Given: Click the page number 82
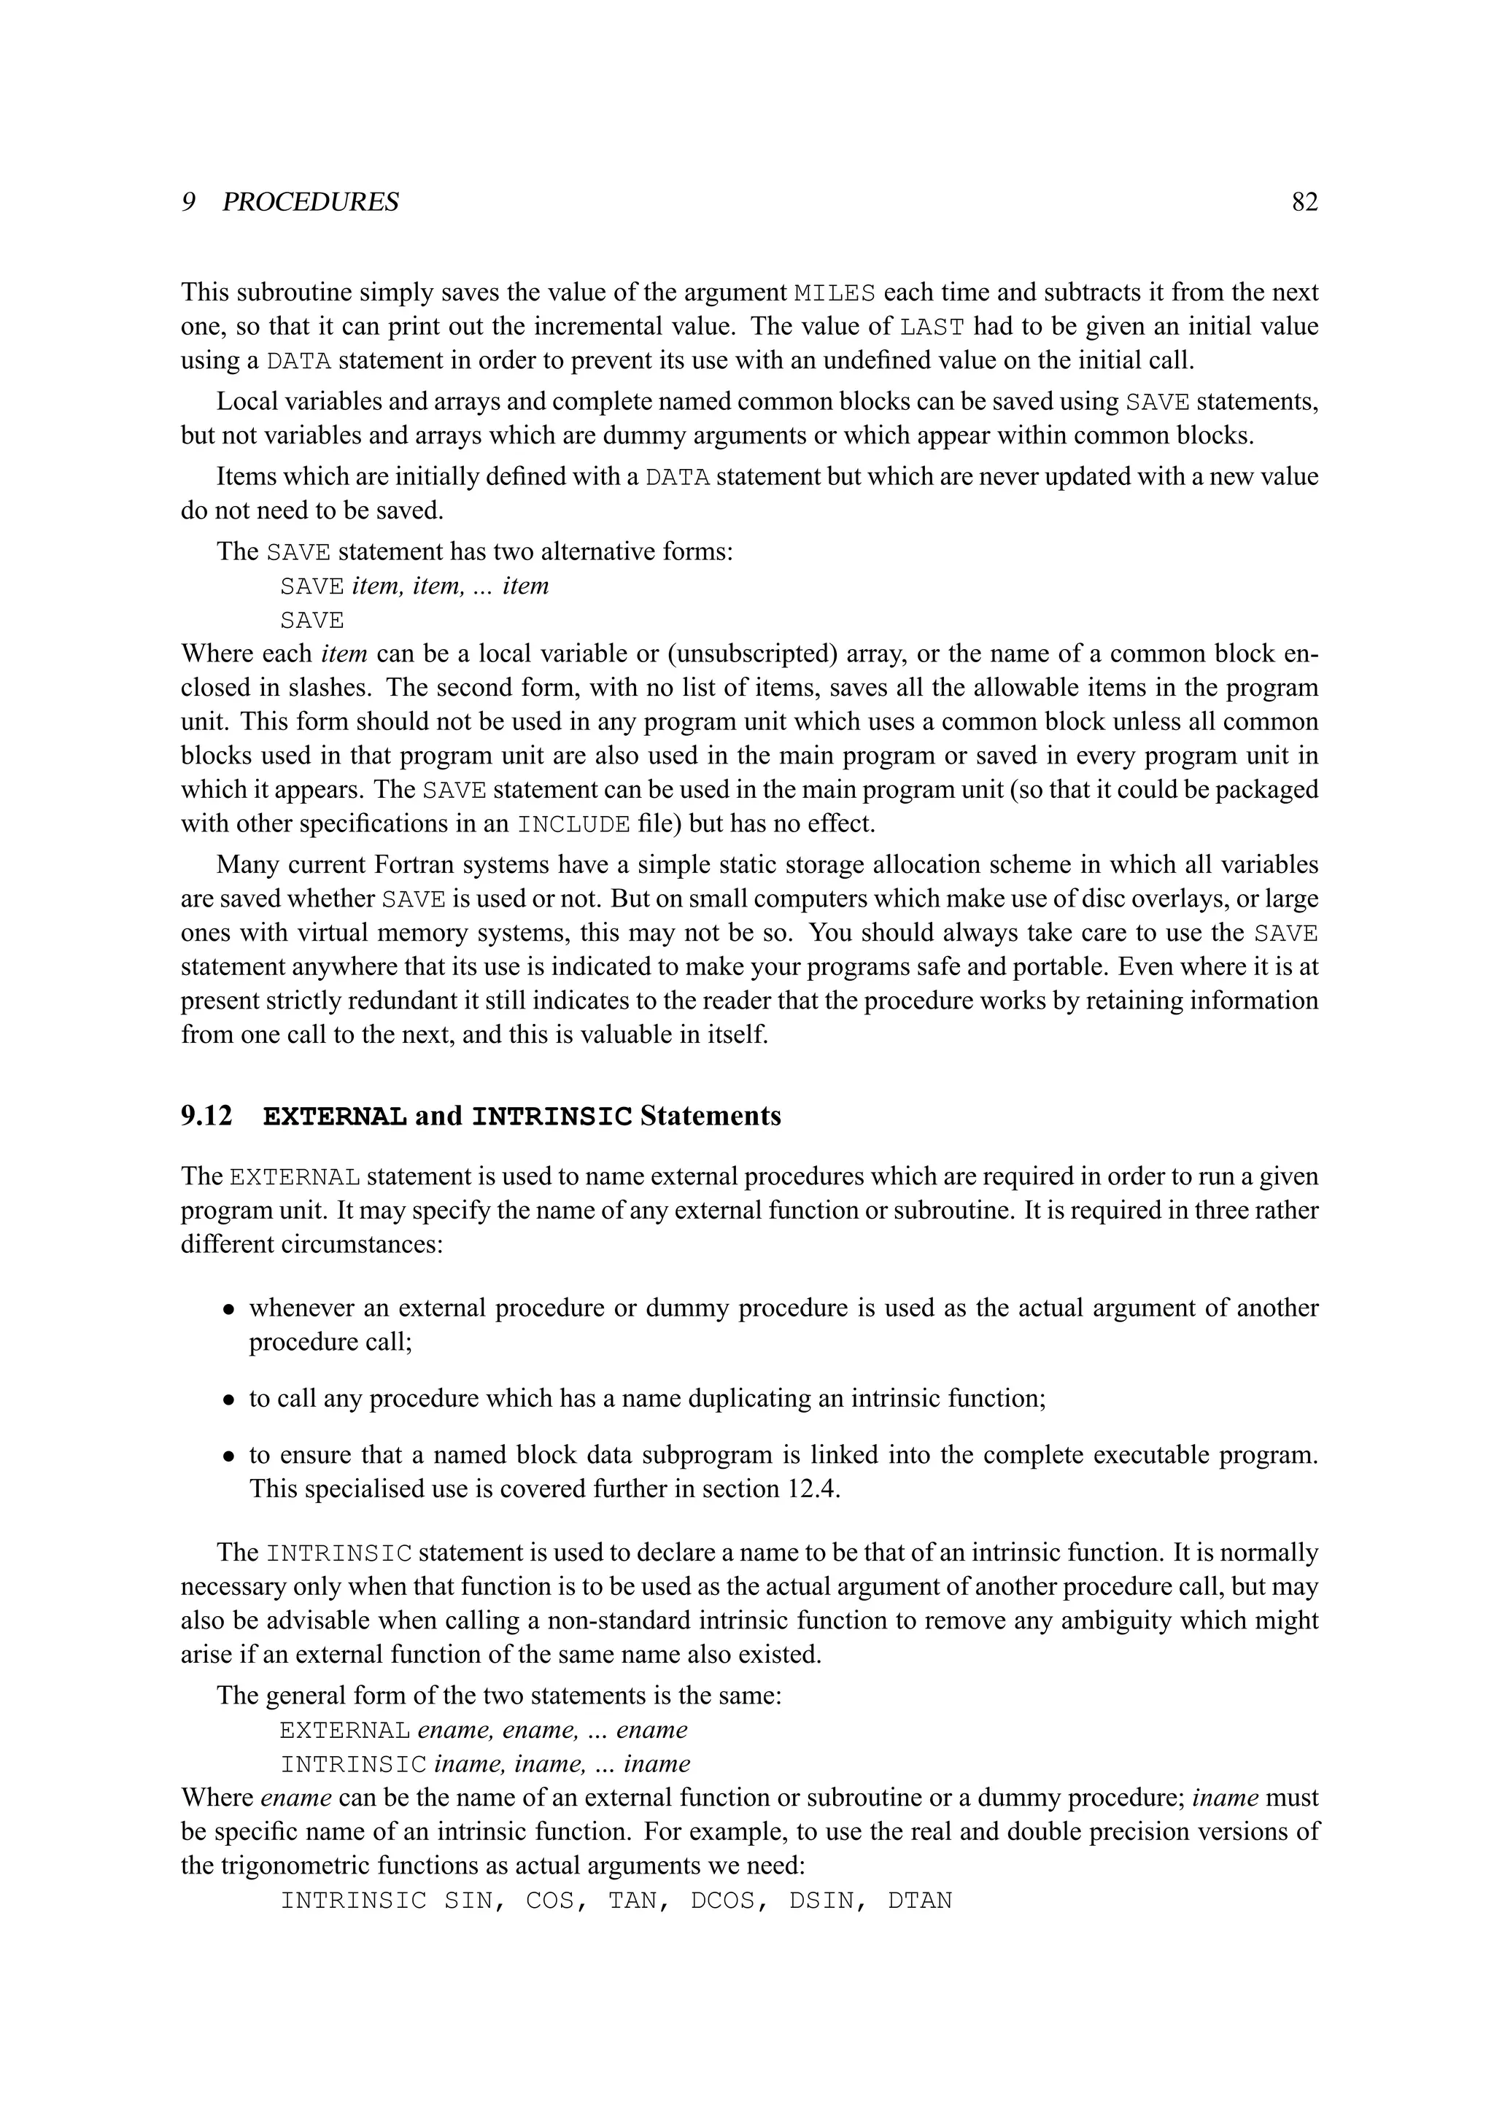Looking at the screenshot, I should [1304, 202].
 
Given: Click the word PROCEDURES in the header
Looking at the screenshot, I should [310, 202].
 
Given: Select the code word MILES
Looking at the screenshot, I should [834, 293].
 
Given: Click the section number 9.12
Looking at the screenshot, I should [206, 1116].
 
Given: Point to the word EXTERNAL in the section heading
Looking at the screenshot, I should [335, 1117].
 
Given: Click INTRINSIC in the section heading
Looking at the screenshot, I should [552, 1117].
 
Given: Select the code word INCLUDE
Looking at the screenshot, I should [574, 824].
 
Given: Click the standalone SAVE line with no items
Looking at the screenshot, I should [312, 621].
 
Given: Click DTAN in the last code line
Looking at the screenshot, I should [919, 1901].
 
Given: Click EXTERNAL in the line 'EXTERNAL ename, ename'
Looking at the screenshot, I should [344, 1731].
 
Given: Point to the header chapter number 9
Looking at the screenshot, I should [187, 202].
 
